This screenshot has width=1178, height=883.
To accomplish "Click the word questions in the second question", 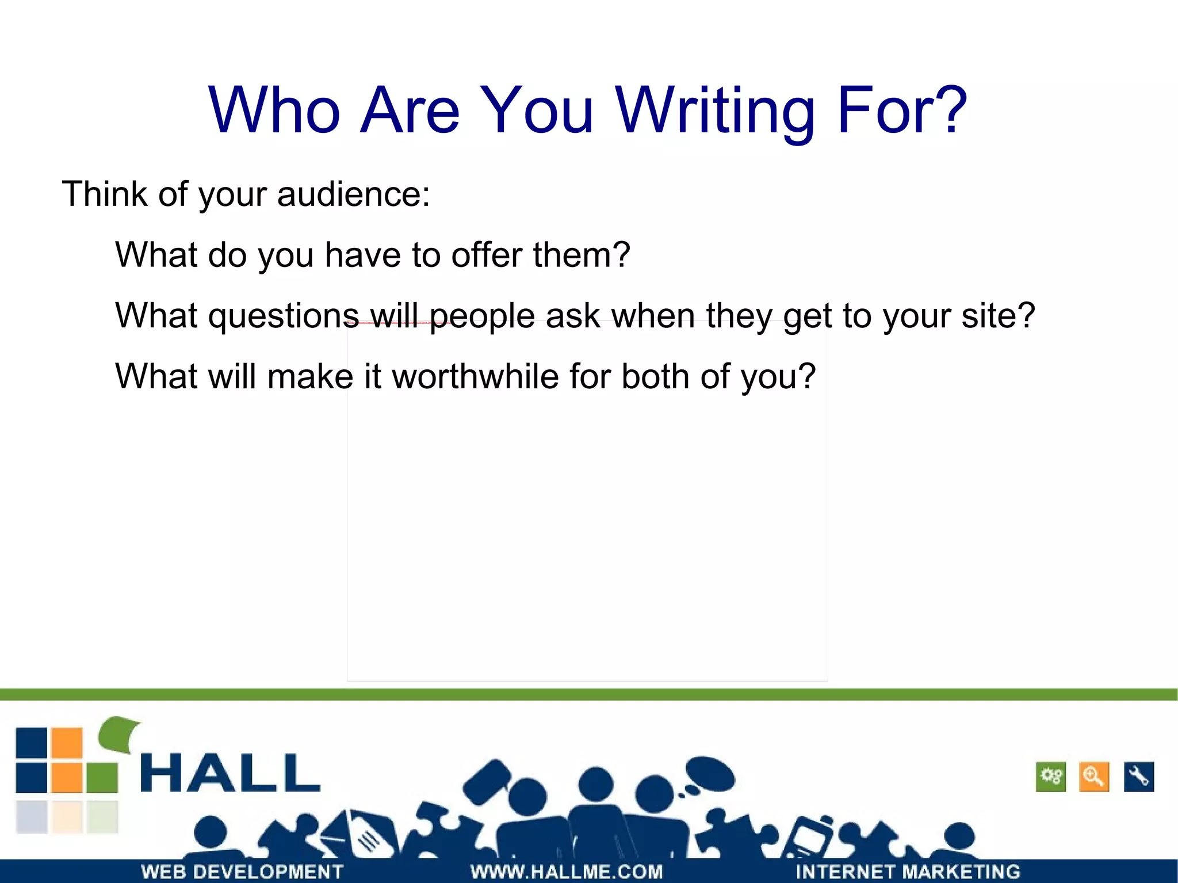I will point(283,316).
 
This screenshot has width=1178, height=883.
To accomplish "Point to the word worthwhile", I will point(475,377).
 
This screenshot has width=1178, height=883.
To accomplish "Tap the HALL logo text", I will point(230,774).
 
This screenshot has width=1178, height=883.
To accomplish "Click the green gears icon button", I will point(1050,777).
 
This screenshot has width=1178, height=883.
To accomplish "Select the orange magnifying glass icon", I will point(1093,777).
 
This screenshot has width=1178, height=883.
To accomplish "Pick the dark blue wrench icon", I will point(1138,777).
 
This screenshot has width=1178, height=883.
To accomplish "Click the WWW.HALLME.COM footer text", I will point(567,871).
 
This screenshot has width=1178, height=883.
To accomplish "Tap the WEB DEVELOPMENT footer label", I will point(242,871).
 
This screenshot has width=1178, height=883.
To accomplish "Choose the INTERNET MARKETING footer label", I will point(908,871).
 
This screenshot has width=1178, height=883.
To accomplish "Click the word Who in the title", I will point(274,110).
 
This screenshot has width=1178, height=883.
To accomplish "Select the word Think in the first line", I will point(105,194).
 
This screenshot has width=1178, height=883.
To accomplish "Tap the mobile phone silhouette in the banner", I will point(811,837).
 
